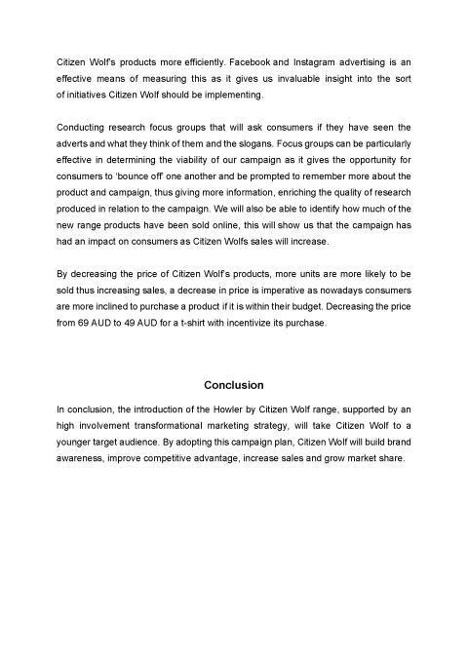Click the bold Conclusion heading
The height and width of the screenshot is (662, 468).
(233, 384)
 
